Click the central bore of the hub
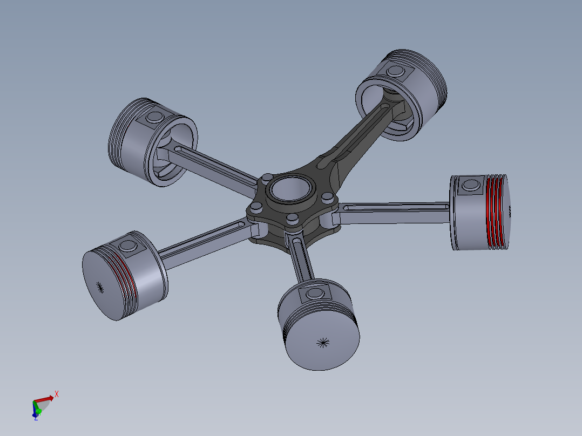[287, 189]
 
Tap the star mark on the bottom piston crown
[323, 342]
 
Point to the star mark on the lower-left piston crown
[98, 286]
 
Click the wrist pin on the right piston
[471, 185]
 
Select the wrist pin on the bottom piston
[314, 294]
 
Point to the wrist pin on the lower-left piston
[128, 246]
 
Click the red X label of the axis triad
[56, 394]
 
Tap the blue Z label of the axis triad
[36, 418]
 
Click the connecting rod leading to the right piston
[394, 213]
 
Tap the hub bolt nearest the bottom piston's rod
[293, 218]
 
